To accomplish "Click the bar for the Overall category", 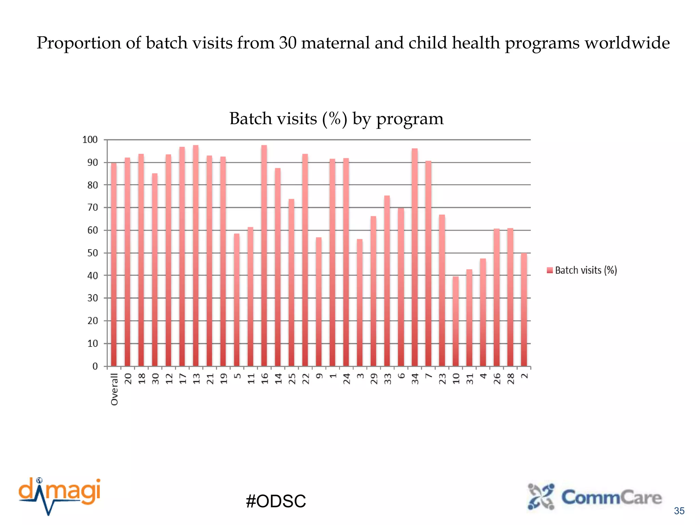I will point(114,265).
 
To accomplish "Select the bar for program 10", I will point(456,321).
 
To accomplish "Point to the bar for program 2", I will point(524,310).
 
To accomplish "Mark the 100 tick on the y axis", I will point(90,139).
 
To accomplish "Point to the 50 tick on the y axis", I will point(92,253).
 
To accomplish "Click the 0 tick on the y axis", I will point(95,366).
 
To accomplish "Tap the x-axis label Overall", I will point(115,389).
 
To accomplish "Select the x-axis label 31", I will point(470,379).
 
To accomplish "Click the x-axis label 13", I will point(196,379).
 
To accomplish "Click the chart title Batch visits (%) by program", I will point(336,119).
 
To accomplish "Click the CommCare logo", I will point(595,497).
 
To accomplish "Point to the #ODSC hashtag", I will point(276,501).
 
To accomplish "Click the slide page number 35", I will point(679,511).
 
